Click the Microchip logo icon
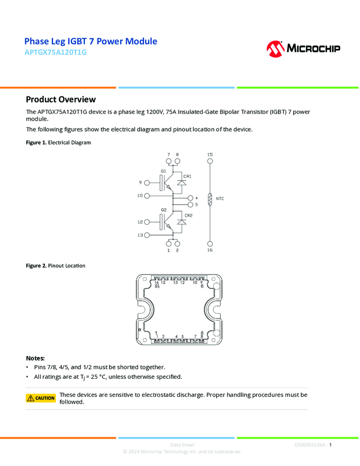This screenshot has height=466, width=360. (x=275, y=48)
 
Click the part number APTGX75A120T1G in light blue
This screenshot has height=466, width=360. (x=55, y=53)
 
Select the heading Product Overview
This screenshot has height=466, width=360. (x=61, y=99)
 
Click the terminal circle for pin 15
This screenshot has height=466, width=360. (x=210, y=162)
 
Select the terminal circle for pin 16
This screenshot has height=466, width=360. (x=210, y=242)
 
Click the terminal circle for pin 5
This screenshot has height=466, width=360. (x=190, y=204)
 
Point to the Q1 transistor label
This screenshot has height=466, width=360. (x=163, y=172)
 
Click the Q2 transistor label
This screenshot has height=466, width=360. (x=163, y=210)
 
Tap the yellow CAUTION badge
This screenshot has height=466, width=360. (x=41, y=398)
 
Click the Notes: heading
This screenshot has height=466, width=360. (x=36, y=357)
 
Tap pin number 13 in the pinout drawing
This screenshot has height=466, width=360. (x=175, y=282)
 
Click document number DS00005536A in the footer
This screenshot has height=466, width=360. (x=310, y=445)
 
